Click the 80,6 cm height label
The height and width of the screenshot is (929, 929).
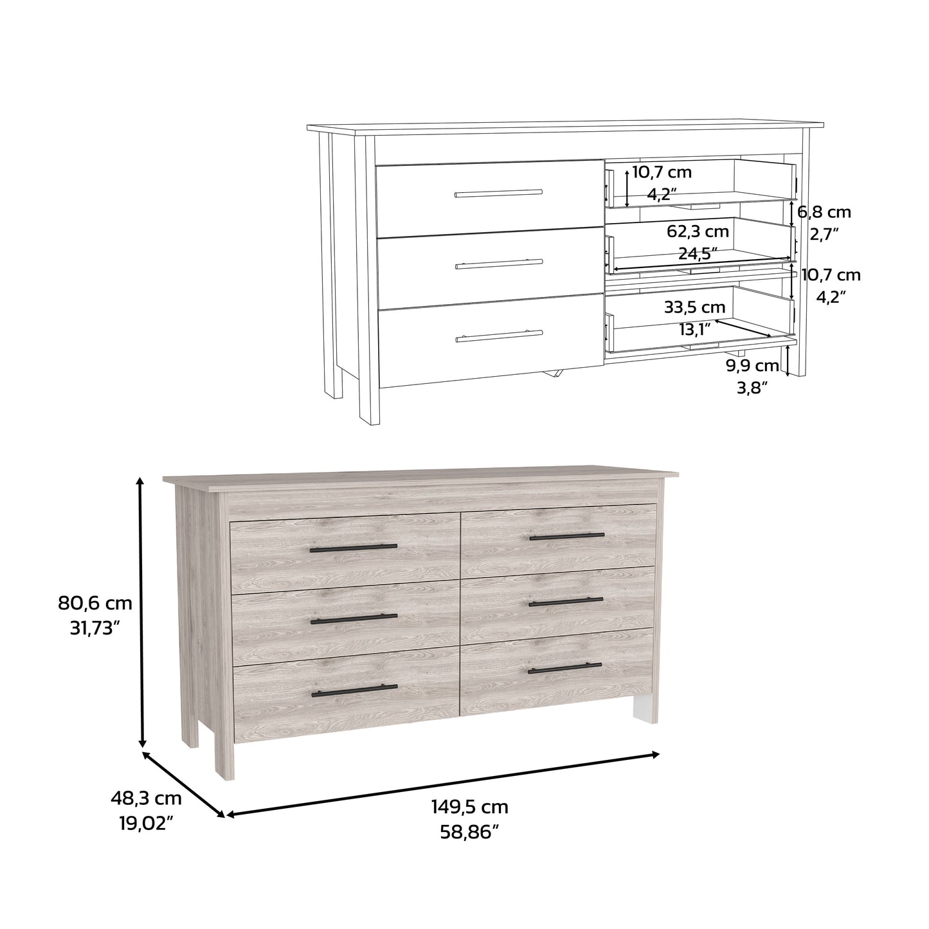pyautogui.click(x=95, y=603)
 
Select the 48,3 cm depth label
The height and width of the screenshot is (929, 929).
pyautogui.click(x=146, y=798)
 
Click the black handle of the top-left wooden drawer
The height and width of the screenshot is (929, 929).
pyautogui.click(x=353, y=548)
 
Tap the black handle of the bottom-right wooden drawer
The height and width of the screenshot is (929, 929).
pyautogui.click(x=564, y=669)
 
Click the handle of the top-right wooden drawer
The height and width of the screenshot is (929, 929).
pyautogui.click(x=567, y=536)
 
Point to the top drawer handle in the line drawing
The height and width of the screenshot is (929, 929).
pyautogui.click(x=498, y=193)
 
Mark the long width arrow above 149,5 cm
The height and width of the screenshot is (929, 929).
pyautogui.click(x=444, y=784)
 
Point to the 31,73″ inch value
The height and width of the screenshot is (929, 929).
pyautogui.click(x=95, y=629)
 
